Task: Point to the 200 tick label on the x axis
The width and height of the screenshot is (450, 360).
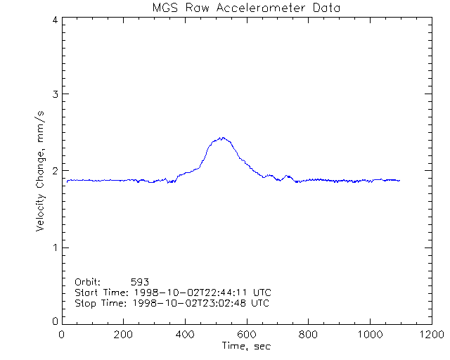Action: [124, 335]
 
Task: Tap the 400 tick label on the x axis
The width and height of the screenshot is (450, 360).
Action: [185, 335]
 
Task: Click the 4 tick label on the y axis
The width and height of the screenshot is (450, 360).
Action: [54, 20]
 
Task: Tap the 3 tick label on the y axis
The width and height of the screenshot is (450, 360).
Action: [54, 94]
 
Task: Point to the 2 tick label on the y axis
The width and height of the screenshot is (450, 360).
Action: [54, 171]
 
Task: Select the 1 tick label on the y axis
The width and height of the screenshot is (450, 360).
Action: [54, 247]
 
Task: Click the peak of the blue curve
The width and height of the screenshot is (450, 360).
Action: [222, 138]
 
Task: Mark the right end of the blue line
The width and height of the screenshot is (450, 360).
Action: [399, 181]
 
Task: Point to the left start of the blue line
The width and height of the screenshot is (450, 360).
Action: [67, 182]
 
